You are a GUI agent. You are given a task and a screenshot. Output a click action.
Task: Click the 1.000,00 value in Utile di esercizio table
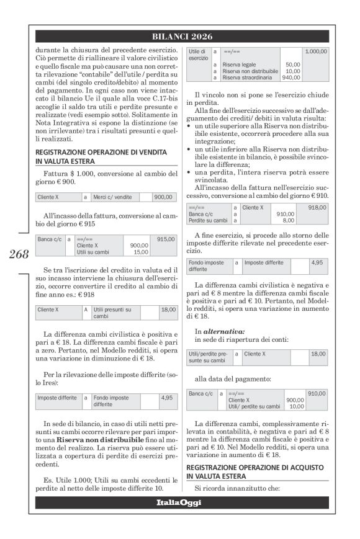tap(315, 51)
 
